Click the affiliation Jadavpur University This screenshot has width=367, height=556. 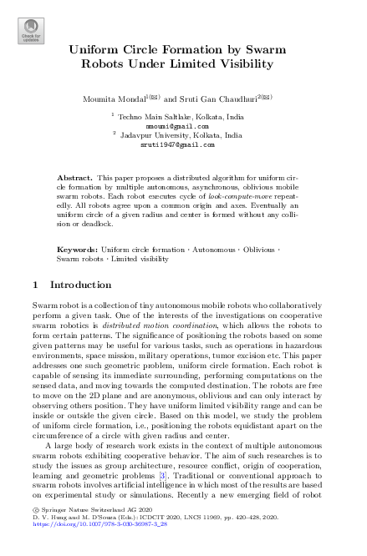(155, 134)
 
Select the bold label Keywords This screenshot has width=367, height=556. (76, 250)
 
